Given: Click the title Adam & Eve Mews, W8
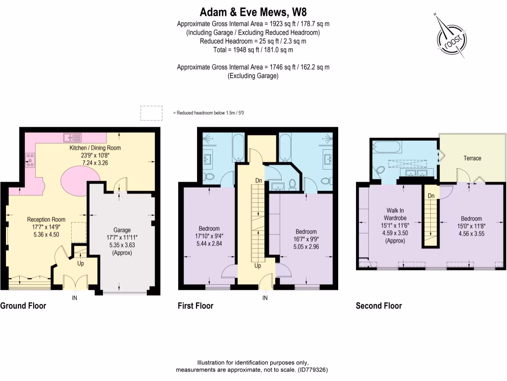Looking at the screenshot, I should click(253, 11).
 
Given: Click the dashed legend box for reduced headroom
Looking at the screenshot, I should click(152, 113).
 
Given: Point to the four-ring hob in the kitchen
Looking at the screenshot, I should click(29, 160).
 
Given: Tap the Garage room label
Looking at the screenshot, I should click(122, 230).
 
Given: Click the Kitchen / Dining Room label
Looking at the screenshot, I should click(95, 148).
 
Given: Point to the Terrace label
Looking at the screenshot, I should click(472, 158).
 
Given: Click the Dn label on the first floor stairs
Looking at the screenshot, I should click(257, 181).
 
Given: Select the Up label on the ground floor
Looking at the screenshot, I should click(80, 263).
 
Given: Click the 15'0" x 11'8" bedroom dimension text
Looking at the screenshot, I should click(471, 226).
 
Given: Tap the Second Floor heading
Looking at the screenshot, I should click(379, 306).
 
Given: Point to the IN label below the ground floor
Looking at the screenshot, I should click(75, 298).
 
